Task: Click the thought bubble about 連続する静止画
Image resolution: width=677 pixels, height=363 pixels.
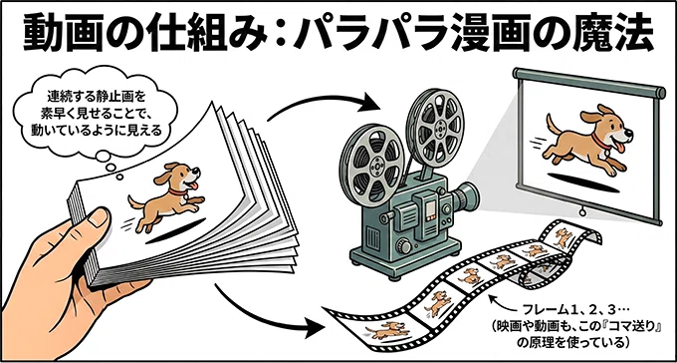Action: pos(95,113)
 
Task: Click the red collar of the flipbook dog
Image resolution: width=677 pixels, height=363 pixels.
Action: pos(176,190)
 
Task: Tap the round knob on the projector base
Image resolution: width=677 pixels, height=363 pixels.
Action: pos(403,245)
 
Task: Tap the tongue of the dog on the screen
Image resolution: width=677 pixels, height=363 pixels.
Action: pos(621,149)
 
